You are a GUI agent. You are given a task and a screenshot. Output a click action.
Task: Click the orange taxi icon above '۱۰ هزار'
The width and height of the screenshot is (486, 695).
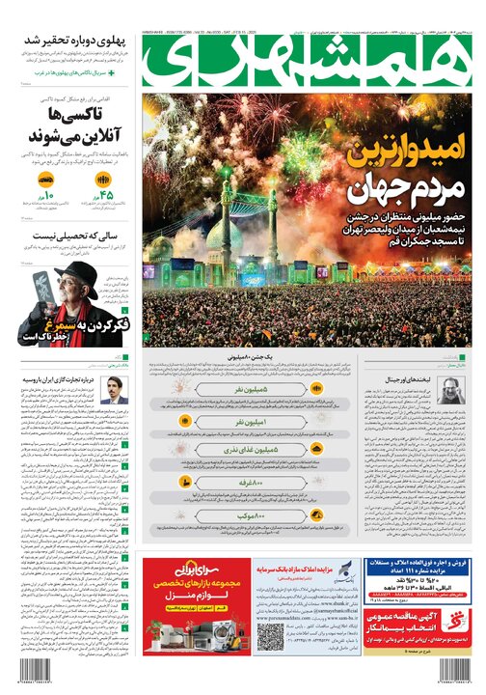coord(45,181)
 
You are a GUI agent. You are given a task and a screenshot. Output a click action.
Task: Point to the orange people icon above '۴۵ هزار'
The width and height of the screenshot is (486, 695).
coord(105,181)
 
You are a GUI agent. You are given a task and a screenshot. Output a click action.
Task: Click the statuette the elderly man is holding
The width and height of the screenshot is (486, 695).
coord(41,289)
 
